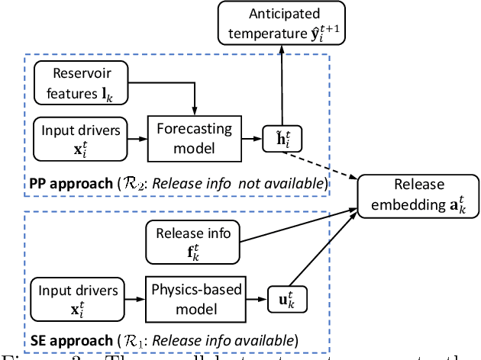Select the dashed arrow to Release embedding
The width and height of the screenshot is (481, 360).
coord(321,162)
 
